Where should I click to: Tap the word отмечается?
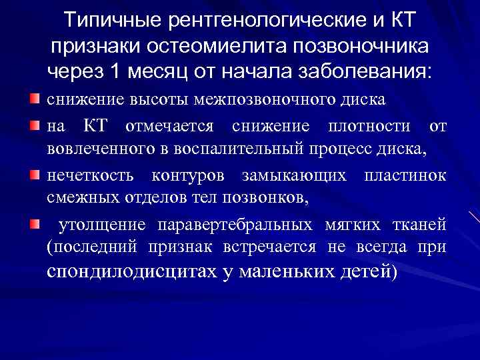pos(171,126)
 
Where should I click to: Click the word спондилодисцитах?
pos(133,272)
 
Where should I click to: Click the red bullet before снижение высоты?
pos(35,99)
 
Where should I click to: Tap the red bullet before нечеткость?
pos(35,175)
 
